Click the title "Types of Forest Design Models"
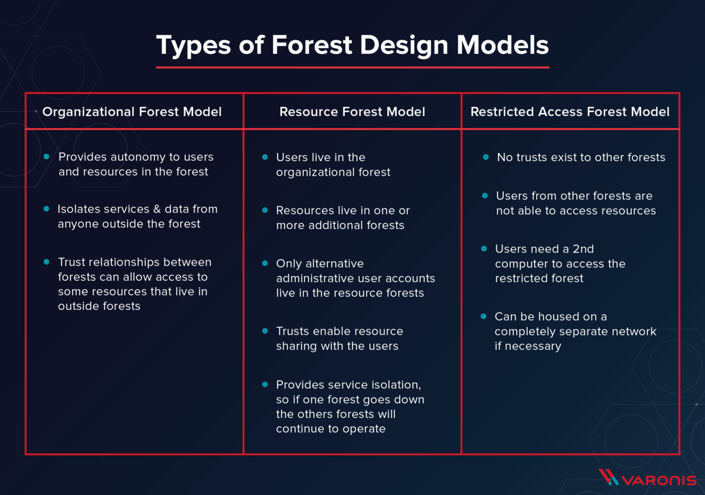tap(352, 45)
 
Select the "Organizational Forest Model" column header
tap(132, 112)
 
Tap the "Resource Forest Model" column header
tap(352, 112)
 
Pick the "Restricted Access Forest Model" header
tap(570, 112)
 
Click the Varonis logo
tap(647, 478)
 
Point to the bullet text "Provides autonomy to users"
tap(136, 158)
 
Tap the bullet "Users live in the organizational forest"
tap(333, 165)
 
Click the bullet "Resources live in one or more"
tap(342, 218)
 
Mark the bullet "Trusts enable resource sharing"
tap(339, 338)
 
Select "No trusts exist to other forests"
tap(581, 158)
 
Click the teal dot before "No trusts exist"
tap(486, 157)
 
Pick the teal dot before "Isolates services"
tap(46, 209)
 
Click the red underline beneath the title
tap(352, 67)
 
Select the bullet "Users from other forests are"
tap(575, 203)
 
